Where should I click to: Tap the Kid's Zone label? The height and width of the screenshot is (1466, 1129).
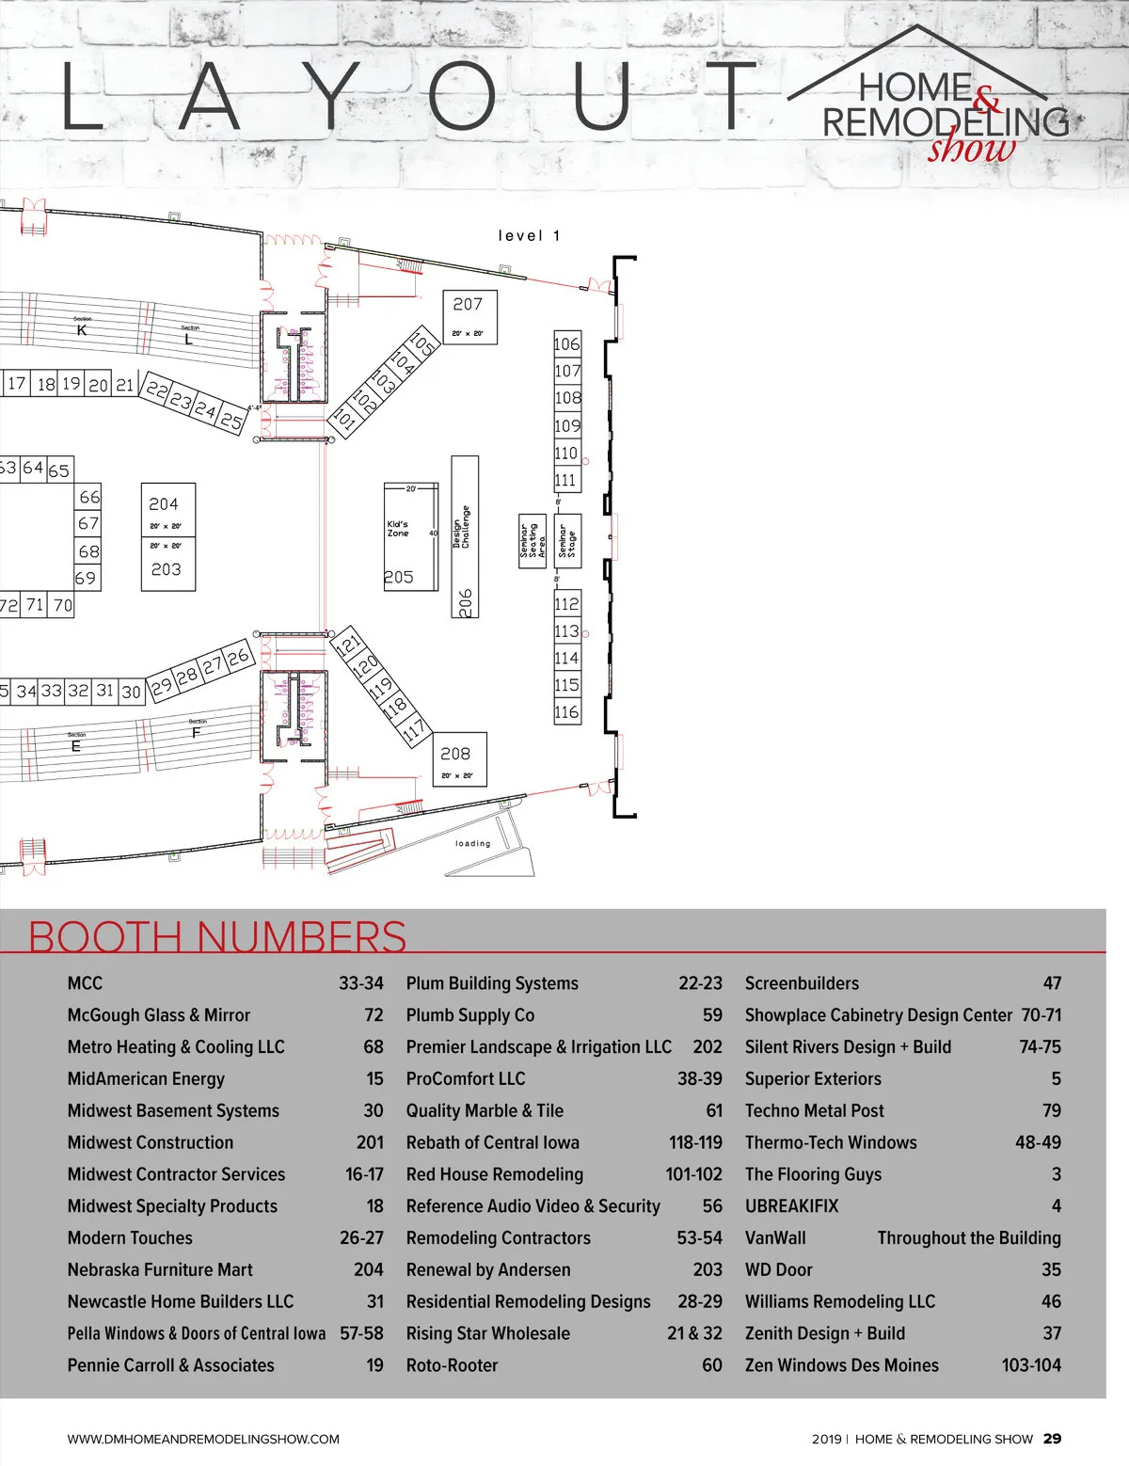(x=398, y=529)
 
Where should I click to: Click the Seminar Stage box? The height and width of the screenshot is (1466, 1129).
(x=567, y=541)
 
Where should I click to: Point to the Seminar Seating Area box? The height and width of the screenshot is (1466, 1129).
(x=533, y=541)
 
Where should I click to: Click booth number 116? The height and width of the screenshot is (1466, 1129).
(x=566, y=712)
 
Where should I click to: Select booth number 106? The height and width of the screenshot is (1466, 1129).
(x=567, y=344)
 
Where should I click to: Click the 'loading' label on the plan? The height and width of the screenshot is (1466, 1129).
(x=472, y=844)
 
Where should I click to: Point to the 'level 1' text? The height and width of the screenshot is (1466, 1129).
(x=529, y=236)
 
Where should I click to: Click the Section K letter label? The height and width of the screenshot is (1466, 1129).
(x=82, y=330)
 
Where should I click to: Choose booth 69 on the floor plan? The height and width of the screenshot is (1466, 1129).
(x=87, y=578)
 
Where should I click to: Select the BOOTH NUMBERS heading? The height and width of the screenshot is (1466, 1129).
(x=217, y=936)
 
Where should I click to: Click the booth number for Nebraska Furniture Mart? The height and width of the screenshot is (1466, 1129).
(x=368, y=1270)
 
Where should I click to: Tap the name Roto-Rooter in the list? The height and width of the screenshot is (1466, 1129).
(x=452, y=1365)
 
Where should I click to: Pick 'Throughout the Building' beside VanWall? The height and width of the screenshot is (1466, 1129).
(x=969, y=1238)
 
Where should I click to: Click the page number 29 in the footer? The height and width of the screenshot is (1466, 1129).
(x=1052, y=1439)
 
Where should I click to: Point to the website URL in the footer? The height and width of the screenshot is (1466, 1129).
(x=203, y=1440)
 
